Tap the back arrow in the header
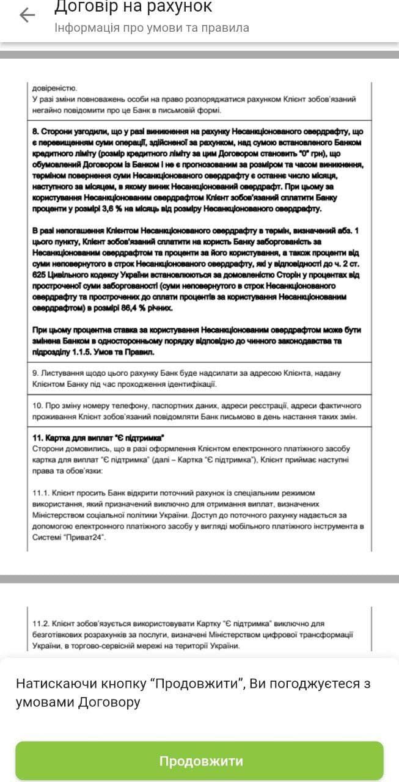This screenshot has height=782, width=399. tap(27, 15)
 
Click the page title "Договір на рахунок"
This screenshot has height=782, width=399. tap(133, 7)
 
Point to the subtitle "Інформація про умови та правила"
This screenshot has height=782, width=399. tap(152, 28)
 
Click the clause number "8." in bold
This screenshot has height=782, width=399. tap(36, 131)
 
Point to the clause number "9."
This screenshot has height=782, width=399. tap(35, 373)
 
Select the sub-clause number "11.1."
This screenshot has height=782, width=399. tap(41, 492)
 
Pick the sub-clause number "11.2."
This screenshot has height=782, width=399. tap(41, 624)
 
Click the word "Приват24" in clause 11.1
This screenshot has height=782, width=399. tap(84, 536)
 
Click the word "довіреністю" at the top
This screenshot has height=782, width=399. tap(54, 88)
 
